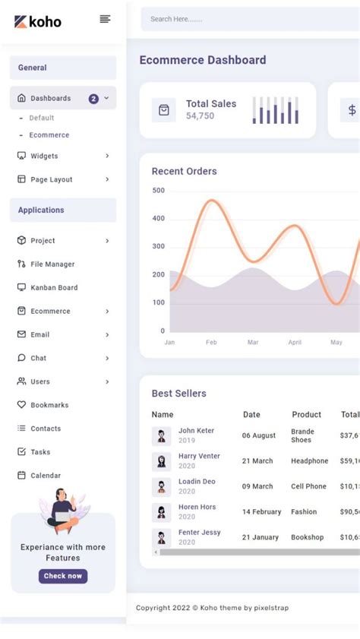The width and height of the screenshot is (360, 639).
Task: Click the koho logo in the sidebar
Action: point(38,21)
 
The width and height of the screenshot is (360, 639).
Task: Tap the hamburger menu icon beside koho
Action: point(105,19)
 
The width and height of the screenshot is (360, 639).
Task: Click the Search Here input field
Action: point(243,19)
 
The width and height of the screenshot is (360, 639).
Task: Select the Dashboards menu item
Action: point(50,98)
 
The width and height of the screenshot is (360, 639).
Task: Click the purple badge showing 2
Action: point(93,99)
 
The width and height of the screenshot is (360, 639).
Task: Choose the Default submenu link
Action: point(42,118)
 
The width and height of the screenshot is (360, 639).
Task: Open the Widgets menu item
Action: point(44,156)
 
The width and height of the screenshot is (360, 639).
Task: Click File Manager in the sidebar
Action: point(52,264)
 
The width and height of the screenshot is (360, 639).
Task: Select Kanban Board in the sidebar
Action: point(54,287)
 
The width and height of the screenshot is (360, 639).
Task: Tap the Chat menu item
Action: point(38,358)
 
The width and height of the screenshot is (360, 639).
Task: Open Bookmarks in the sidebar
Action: point(49,405)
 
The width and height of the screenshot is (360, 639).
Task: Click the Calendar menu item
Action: point(46,476)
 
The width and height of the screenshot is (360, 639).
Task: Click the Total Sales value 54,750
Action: point(200,116)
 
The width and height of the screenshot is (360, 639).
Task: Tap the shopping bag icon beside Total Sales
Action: point(163,110)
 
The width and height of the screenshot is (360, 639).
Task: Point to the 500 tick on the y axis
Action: point(158,191)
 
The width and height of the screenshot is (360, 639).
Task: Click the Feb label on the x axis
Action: point(211,343)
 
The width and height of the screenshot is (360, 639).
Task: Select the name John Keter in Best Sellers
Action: point(196,431)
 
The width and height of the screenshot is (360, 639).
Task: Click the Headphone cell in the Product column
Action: point(309,461)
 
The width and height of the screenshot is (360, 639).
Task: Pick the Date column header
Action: point(251,415)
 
